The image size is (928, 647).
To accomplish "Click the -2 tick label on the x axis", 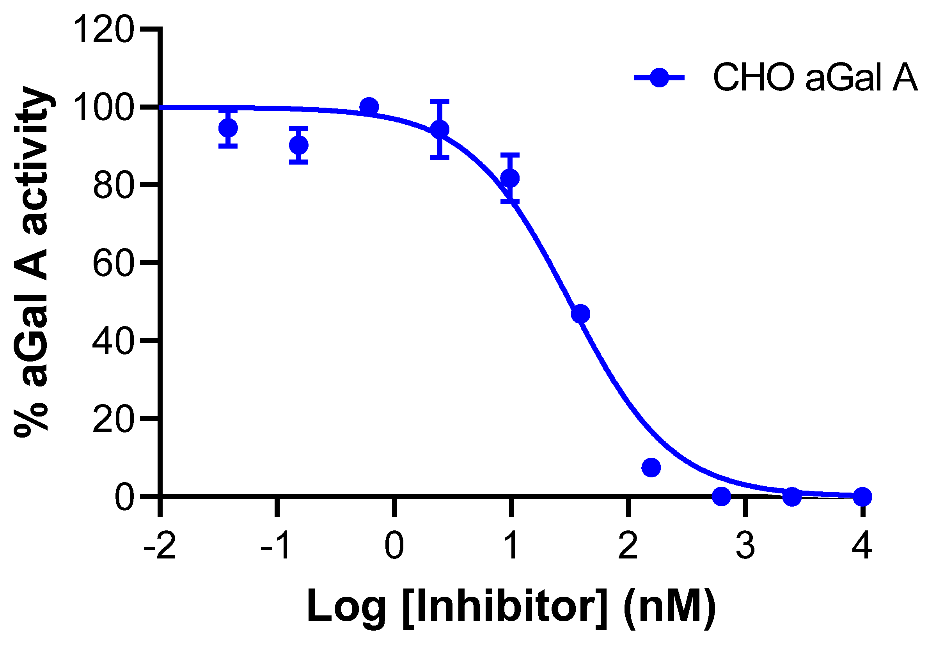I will tap(160, 546).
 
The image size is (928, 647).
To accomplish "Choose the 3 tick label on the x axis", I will tap(745, 546).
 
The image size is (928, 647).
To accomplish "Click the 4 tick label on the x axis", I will tap(862, 546).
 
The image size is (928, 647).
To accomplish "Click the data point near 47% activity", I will tap(581, 314).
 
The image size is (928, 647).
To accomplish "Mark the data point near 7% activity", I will tap(651, 468).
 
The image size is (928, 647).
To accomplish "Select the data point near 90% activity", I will tap(299, 145).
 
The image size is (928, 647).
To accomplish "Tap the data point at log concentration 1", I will tap(510, 178).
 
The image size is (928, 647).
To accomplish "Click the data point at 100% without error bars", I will tap(369, 107).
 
